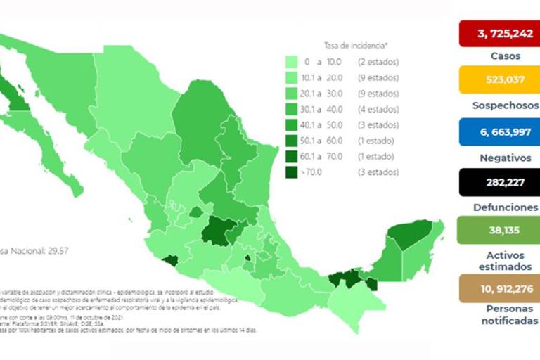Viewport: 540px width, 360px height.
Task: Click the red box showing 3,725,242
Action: [499, 34]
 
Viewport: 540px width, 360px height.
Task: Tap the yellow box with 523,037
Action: [499, 79]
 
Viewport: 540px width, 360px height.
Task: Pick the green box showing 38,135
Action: [499, 229]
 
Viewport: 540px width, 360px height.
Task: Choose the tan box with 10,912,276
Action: [499, 288]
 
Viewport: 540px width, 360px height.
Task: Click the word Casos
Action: [499, 56]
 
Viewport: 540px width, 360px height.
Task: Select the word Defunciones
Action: [499, 207]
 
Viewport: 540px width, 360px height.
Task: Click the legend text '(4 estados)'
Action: [378, 110]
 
